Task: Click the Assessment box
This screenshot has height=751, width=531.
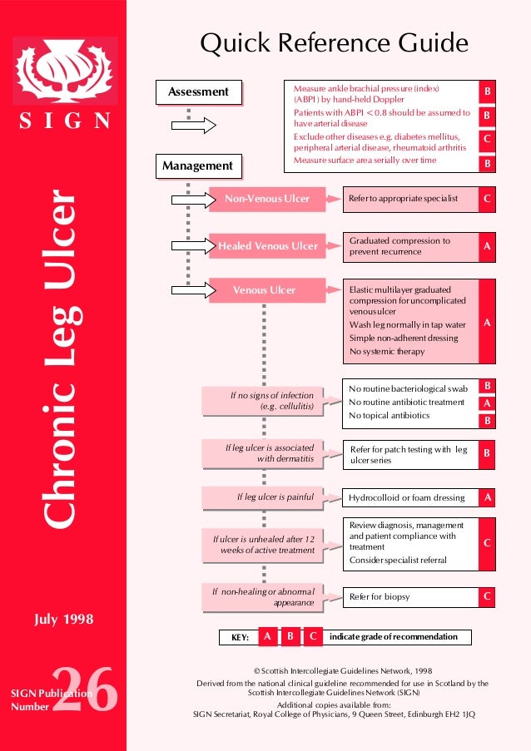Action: point(198,92)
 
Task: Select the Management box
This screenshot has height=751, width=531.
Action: point(197,166)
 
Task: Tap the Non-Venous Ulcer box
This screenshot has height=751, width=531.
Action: point(266,200)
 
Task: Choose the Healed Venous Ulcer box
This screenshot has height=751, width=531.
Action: point(267,246)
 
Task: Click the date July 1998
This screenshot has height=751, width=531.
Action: point(63,620)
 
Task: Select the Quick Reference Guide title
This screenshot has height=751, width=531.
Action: point(334,42)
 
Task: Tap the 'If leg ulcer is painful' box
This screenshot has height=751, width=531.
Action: point(263,498)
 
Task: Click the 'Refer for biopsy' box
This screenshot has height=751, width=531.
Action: point(410,597)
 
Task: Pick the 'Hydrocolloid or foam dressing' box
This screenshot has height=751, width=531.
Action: point(410,498)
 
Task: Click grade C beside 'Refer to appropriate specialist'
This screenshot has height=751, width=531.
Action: point(487,200)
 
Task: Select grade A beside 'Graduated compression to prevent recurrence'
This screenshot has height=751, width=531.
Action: point(487,246)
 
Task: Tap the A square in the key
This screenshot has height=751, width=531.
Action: point(266,637)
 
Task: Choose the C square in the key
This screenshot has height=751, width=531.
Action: point(312,637)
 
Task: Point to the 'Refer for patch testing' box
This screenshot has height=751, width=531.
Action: point(410,455)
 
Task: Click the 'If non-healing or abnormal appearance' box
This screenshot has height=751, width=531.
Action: point(263,596)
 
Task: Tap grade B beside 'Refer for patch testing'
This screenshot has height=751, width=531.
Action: point(487,455)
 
